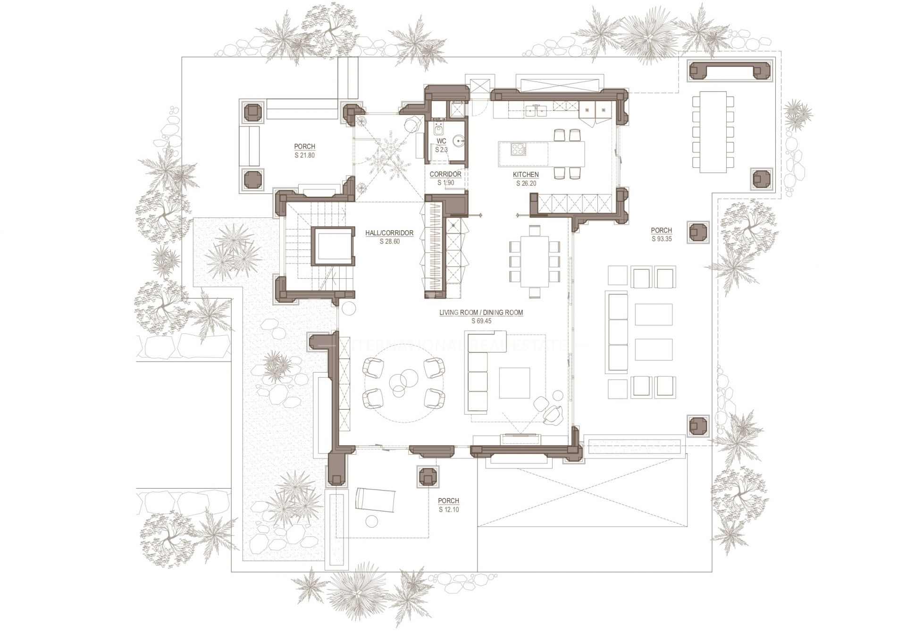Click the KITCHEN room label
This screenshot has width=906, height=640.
[x=526, y=175]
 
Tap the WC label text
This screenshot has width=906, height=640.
[x=441, y=141]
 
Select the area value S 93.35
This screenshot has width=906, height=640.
[x=661, y=239]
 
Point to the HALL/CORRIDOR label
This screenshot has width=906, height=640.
[x=389, y=233]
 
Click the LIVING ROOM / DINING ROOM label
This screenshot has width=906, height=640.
[x=481, y=312]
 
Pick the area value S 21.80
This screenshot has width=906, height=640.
[x=304, y=155]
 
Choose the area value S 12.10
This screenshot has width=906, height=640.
[x=448, y=509]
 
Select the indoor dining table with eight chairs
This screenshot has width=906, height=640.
[x=534, y=261]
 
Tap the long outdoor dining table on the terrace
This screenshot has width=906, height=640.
[x=713, y=132]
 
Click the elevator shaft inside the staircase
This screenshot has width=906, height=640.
[x=333, y=246]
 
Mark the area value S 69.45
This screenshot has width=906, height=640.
[x=481, y=321]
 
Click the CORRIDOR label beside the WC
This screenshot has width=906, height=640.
[x=445, y=175]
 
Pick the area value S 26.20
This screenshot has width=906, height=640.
[x=526, y=183]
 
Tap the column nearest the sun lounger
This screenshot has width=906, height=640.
[x=428, y=477]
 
